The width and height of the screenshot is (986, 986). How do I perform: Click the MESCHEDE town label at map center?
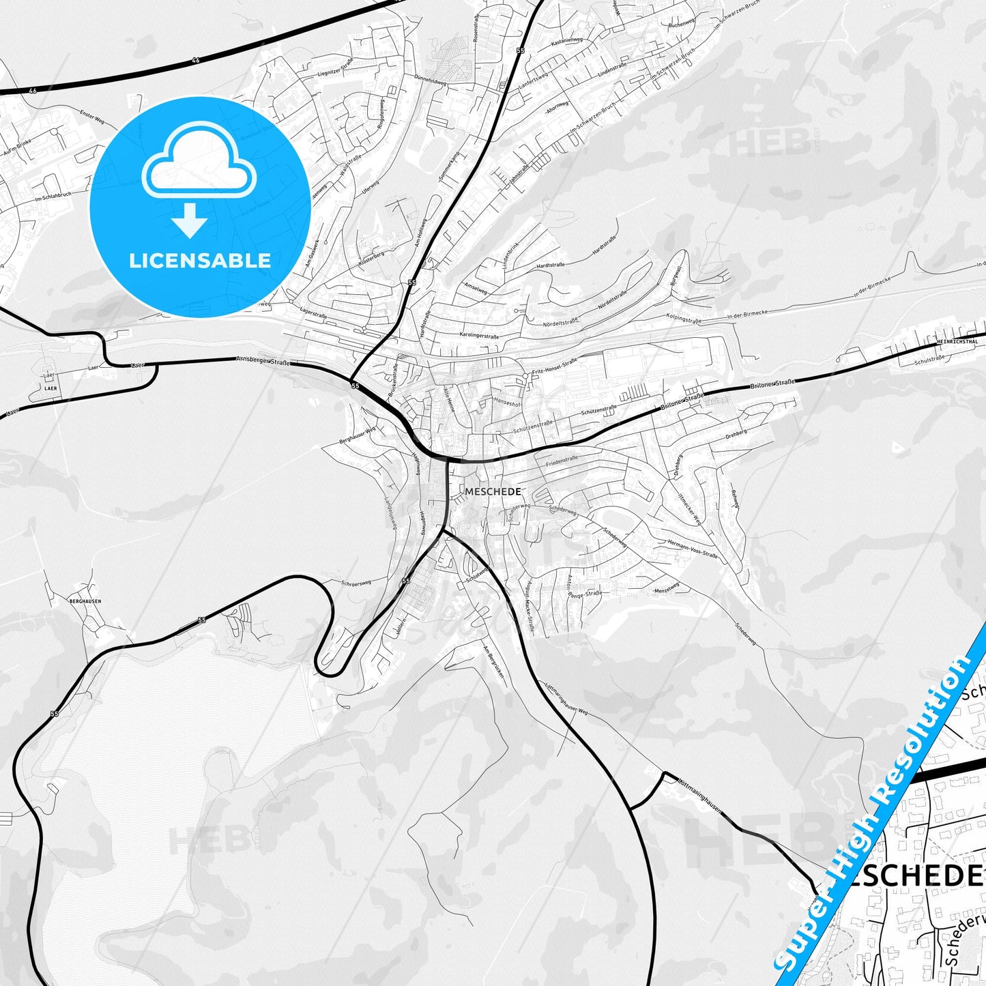(x=493, y=491)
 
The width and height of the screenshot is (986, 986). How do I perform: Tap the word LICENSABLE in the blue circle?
(x=200, y=260)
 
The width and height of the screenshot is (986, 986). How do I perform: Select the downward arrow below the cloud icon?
(x=190, y=220)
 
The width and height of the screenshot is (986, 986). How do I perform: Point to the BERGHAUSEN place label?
(x=85, y=601)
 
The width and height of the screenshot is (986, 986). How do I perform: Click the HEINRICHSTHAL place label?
(x=957, y=341)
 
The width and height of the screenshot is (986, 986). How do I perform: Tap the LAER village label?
(x=50, y=388)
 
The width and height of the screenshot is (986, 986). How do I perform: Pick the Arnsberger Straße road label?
(x=263, y=361)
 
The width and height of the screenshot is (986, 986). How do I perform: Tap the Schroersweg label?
(x=356, y=583)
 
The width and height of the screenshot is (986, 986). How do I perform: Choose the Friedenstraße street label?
(x=562, y=461)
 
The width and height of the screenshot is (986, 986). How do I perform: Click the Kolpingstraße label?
(x=684, y=318)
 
